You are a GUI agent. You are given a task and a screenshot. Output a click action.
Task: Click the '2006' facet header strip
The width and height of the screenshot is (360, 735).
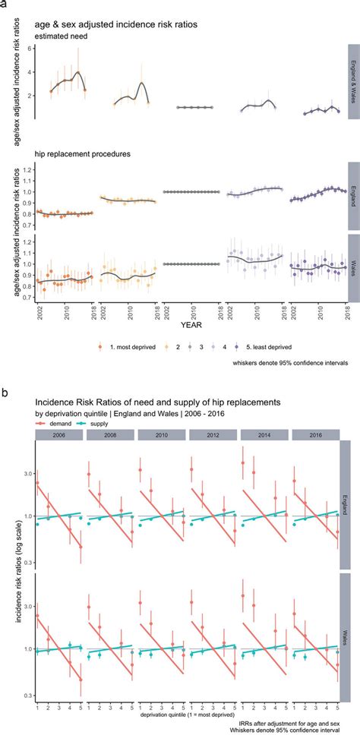click(58, 438)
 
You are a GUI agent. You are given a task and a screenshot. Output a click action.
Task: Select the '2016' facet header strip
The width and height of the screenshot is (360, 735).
click(315, 438)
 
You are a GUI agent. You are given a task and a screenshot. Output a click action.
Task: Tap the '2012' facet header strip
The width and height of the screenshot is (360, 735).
click(213, 438)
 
